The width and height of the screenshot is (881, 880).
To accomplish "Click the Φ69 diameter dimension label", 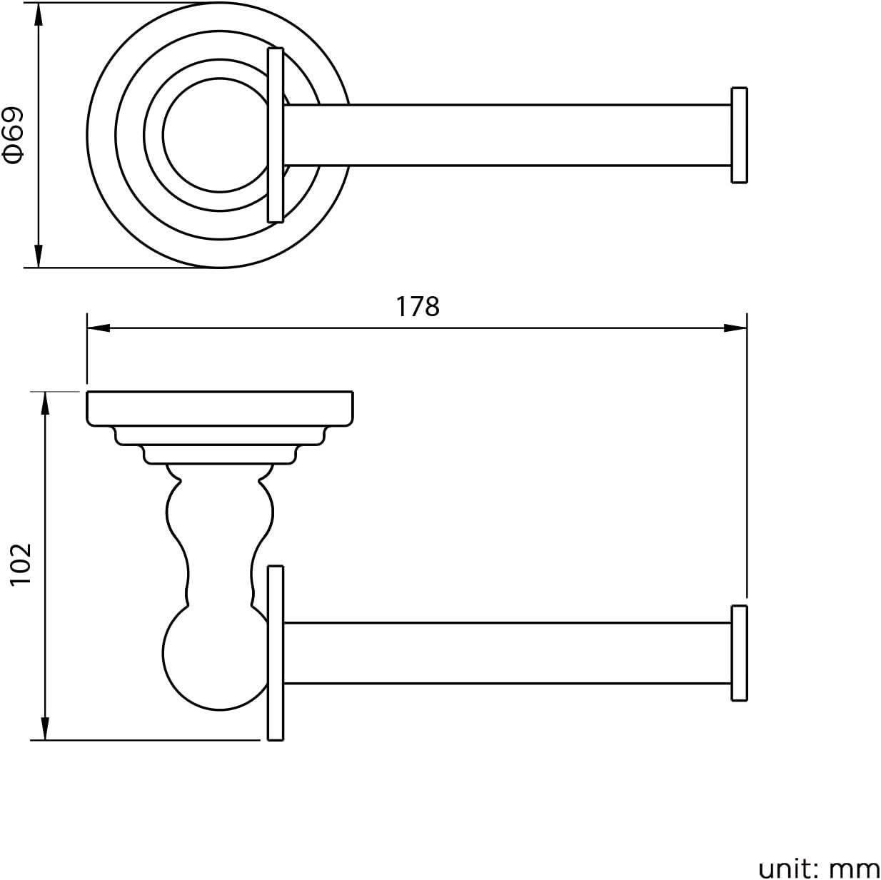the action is point(14,135).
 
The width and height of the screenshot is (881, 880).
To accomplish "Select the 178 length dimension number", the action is point(418,307).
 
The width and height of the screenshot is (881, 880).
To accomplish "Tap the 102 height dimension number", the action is point(21,564).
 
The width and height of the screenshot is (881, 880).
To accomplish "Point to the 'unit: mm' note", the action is point(818,866).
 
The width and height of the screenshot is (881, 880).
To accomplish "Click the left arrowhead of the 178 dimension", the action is point(99,328).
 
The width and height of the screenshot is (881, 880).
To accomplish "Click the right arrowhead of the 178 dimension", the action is point(735,328).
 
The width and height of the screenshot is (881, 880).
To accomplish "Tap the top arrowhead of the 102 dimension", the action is point(45,403).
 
